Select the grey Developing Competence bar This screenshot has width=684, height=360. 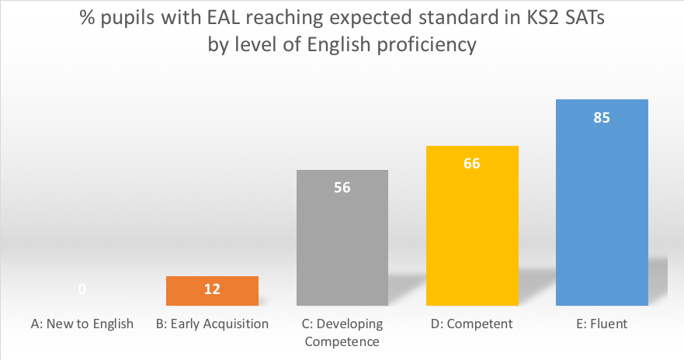tap(342, 248)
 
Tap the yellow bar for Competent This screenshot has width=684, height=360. tap(472, 233)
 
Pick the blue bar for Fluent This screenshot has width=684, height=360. tap(602, 209)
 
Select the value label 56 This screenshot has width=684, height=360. tap(342, 188)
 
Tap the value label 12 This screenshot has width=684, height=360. tap(212, 289)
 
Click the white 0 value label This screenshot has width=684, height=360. tap(82, 289)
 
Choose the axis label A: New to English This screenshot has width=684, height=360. tap(82, 324)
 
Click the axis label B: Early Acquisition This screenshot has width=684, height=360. tap(212, 324)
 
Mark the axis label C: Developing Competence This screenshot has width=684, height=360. tap(342, 331)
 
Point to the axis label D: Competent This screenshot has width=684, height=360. tap(472, 324)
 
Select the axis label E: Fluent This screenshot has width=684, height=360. tap(602, 324)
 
